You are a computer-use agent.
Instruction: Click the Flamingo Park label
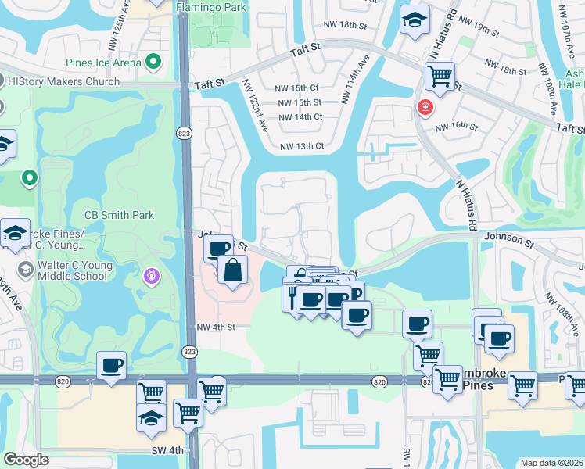tap(210, 7)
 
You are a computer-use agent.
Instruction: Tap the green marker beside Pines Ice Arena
tap(154, 62)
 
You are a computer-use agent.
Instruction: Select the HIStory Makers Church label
tap(63, 81)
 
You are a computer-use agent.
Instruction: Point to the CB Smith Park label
tap(119, 215)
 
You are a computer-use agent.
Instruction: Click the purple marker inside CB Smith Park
tap(151, 276)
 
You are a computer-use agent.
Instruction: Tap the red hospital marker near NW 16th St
tap(425, 107)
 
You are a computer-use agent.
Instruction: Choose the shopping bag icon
tap(234, 271)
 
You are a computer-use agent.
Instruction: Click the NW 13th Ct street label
tap(302, 146)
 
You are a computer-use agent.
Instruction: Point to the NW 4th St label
tap(216, 328)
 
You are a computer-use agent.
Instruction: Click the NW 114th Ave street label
tap(354, 78)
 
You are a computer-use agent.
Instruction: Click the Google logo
tap(26, 460)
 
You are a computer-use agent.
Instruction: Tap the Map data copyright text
tap(552, 463)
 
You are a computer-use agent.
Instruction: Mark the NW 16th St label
tap(456, 126)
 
